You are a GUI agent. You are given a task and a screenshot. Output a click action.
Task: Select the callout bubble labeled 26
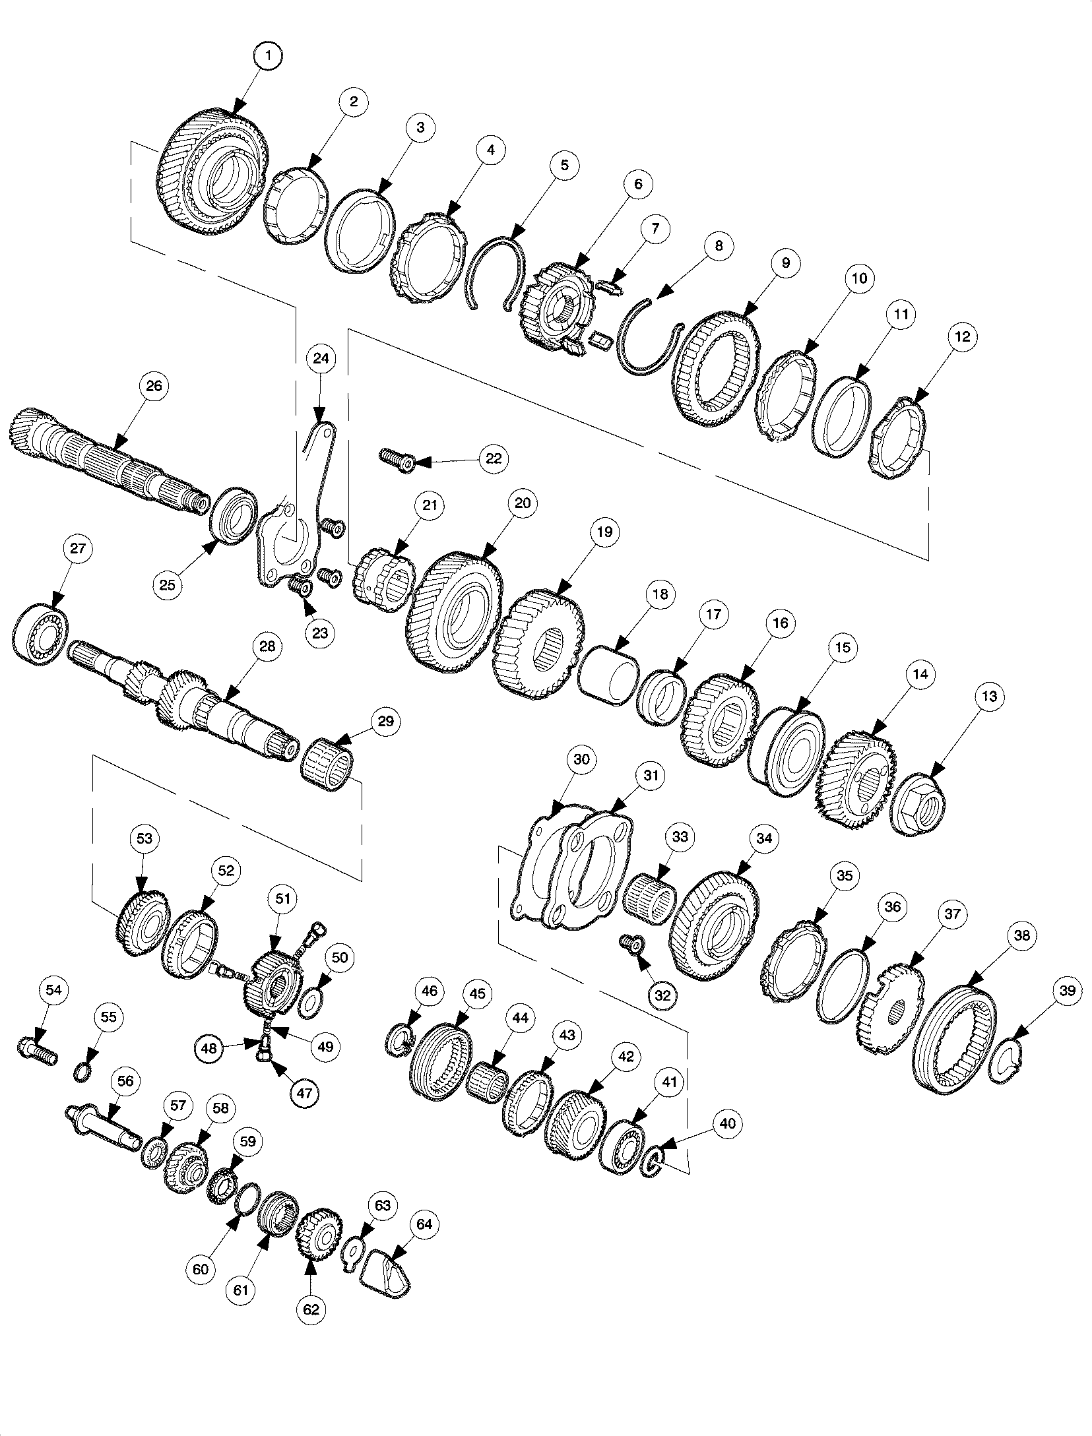(153, 386)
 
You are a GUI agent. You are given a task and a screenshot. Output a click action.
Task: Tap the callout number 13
(988, 697)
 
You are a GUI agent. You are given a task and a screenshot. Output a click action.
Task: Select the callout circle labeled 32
(662, 996)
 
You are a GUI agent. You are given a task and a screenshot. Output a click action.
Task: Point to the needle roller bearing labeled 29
(328, 763)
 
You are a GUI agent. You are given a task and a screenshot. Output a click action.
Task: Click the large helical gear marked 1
(212, 173)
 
